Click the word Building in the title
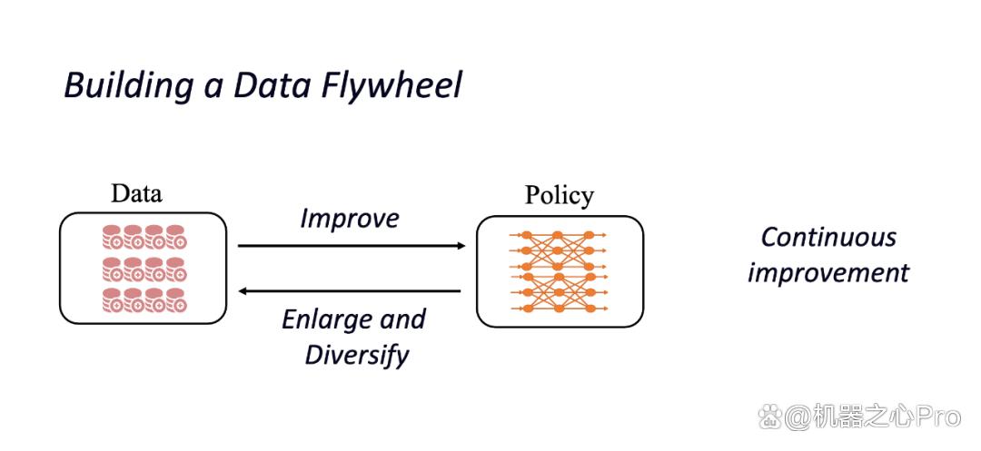[x=129, y=85]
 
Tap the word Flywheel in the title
[x=392, y=85]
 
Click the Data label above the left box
[x=136, y=193]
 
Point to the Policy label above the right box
[x=560, y=196]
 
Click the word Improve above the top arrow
[x=350, y=219]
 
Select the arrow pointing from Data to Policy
[x=352, y=246]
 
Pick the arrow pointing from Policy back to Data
[x=350, y=290]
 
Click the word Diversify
[x=357, y=355]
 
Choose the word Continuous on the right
[x=829, y=238]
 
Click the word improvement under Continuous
[x=828, y=274]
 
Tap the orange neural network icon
[x=558, y=271]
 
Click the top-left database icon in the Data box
[x=113, y=238]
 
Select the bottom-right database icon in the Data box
[x=176, y=300]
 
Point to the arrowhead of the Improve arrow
[x=461, y=246]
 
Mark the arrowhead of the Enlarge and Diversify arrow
[x=243, y=290]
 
